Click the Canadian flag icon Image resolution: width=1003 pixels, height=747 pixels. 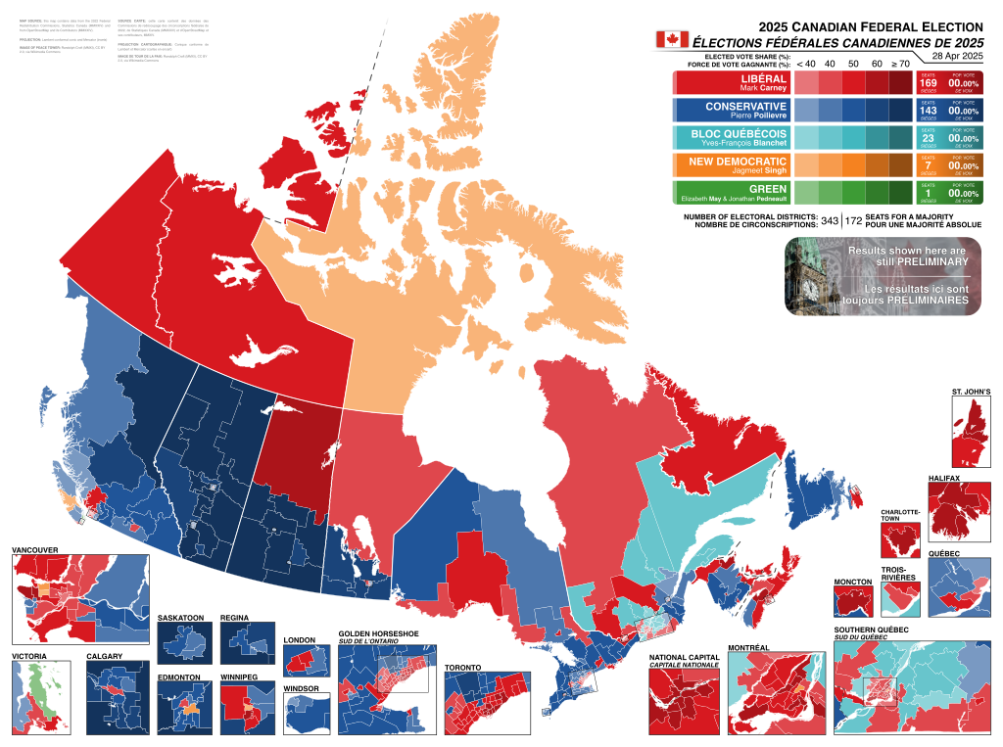(x=672, y=39)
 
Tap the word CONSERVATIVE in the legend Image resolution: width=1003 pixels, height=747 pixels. (x=745, y=106)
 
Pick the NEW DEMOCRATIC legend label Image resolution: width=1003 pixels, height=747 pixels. (x=738, y=161)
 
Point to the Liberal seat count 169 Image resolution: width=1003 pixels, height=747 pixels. (x=928, y=83)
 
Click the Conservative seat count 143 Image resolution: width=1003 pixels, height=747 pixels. (x=928, y=111)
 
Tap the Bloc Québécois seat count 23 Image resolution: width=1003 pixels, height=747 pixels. (x=928, y=138)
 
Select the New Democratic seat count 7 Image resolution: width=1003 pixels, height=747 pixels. (x=928, y=165)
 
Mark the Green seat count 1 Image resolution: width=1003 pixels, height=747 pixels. (x=928, y=193)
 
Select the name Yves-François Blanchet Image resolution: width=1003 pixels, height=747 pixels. (x=742, y=143)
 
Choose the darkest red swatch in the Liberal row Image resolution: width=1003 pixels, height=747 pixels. (x=900, y=82)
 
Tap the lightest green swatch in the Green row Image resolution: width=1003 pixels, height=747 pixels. (x=805, y=192)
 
